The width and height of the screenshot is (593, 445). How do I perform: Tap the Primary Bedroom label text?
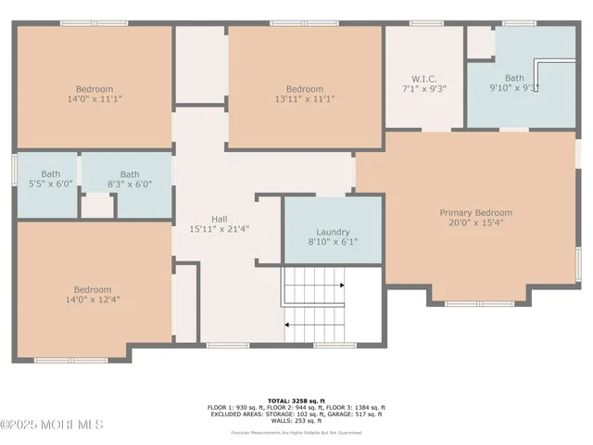tap(475, 212)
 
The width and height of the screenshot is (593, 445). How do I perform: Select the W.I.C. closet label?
tap(423, 78)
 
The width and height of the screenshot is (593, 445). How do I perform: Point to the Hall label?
tap(219, 219)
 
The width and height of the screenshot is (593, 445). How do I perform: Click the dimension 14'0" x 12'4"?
tap(94, 299)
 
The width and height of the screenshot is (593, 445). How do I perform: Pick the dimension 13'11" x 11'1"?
tap(304, 97)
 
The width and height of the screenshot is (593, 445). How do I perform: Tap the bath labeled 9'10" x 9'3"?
tap(514, 83)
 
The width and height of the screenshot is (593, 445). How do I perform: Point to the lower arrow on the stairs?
tap(291, 324)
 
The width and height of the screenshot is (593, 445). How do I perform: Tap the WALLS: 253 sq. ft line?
tap(296, 420)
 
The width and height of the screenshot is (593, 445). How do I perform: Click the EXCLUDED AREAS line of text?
tap(296, 413)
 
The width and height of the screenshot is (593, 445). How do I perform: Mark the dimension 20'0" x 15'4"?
tap(475, 223)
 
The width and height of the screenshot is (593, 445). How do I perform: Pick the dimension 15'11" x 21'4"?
tap(219, 229)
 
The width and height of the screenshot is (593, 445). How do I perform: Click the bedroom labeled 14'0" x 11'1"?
tap(94, 92)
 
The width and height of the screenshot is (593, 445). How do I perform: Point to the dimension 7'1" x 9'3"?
tap(423, 88)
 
